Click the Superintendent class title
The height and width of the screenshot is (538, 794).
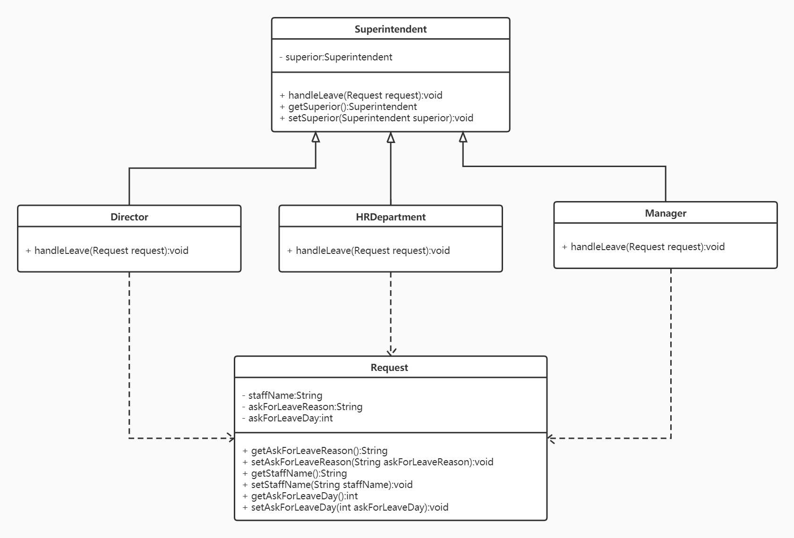coord(391,29)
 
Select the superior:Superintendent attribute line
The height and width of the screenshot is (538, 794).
coord(336,57)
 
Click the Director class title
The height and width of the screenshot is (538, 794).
coord(129,217)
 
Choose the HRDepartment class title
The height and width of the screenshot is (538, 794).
coord(391,217)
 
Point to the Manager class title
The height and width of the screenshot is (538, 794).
coord(666,213)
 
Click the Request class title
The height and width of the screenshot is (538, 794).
coord(389,368)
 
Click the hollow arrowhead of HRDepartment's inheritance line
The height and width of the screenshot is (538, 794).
coord(391,137)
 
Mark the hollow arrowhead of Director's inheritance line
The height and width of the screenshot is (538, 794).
coord(316,137)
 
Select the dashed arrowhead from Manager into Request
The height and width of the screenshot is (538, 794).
coord(550,438)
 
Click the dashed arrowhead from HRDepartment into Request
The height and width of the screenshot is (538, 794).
coord(391,353)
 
